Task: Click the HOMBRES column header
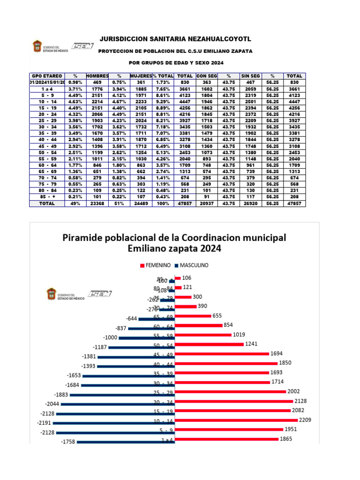coord(98,75)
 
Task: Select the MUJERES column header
coord(141,75)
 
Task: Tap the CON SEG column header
coord(207,75)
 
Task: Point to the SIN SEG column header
coord(250,75)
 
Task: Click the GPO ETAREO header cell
coord(46,75)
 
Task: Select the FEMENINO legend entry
coord(155,265)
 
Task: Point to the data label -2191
coord(48,422)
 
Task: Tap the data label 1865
coord(286,439)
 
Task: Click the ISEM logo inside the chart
coord(98,294)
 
